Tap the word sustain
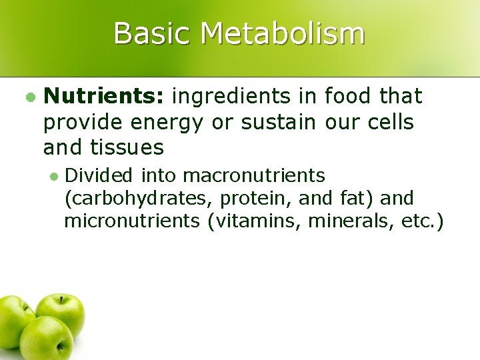279,123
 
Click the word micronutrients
132,220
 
